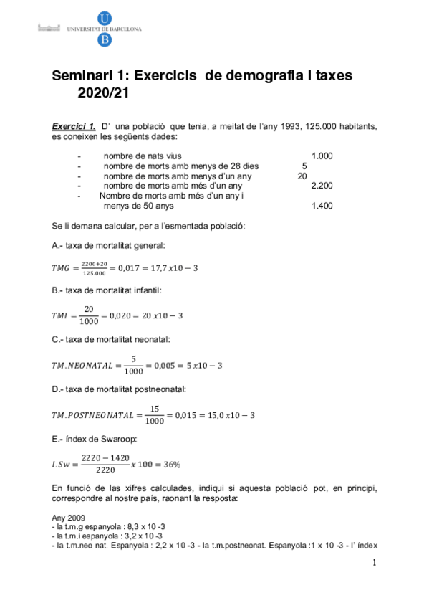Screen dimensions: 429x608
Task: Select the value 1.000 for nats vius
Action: click(322, 156)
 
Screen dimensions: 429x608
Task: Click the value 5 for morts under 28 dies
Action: click(305, 166)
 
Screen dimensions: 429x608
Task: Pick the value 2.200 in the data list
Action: click(322, 186)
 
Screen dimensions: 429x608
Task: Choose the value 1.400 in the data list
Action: click(322, 206)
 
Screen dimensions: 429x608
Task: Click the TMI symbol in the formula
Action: click(62, 315)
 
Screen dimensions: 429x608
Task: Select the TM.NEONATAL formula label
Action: click(82, 365)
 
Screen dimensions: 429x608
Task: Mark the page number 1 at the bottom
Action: click(374, 563)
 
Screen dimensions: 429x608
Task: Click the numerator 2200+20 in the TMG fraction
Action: click(94, 264)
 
